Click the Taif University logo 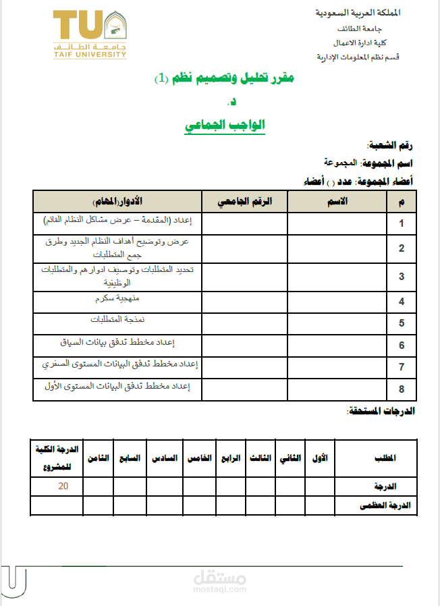tap(90, 34)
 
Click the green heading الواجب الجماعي tap(225, 125)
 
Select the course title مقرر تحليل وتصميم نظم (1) tap(225, 79)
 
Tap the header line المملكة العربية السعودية tap(357, 13)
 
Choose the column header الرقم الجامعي tap(244, 201)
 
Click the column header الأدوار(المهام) tap(117, 201)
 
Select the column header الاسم tap(337, 201)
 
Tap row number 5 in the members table tap(401, 323)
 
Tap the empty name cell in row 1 tap(337, 223)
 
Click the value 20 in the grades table tap(63, 486)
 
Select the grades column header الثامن tap(98, 458)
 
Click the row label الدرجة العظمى tap(393, 505)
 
